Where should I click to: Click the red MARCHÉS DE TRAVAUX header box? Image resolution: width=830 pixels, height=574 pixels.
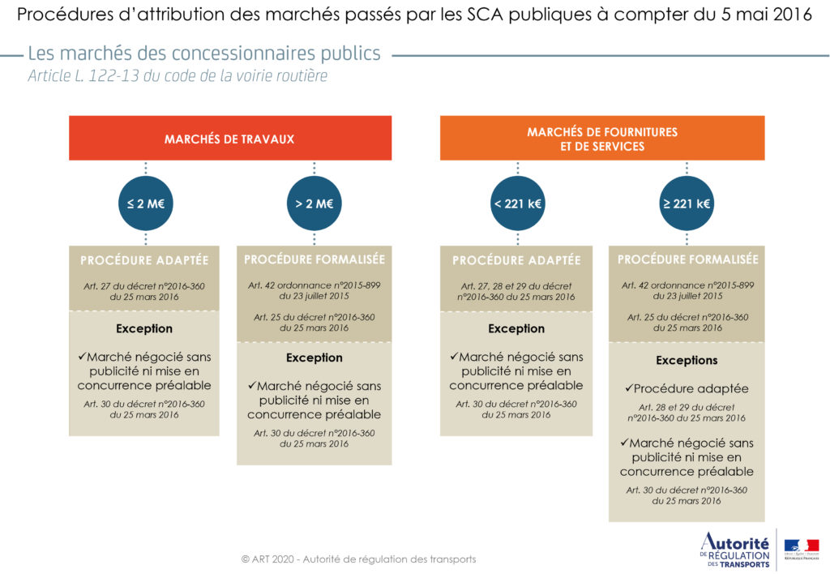229,139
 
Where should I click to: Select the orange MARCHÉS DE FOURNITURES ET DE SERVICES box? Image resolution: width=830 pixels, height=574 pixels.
601,139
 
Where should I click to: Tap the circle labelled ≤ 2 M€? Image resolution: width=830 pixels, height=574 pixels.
145,203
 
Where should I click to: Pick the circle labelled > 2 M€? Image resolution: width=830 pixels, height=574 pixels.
314,203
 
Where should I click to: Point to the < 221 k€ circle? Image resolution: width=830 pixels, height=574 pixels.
516,203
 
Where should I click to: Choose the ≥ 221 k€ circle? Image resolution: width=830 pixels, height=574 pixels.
687,203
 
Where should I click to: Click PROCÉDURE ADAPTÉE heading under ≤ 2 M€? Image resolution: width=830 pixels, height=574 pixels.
144,260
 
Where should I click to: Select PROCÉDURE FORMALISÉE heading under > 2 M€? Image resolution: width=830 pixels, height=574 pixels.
314,259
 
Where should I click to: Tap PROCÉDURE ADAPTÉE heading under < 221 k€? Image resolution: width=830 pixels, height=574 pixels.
516,260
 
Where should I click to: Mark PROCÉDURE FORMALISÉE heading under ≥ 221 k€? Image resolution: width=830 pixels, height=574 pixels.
687,259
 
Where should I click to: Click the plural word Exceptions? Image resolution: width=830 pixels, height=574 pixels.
687,360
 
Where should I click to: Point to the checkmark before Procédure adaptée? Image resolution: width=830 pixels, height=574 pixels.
628,388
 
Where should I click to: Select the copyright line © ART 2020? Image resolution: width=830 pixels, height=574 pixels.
358,559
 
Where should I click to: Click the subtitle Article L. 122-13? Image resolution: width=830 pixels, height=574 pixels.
178,76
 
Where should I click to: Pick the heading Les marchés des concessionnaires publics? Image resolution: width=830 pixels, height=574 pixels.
204,54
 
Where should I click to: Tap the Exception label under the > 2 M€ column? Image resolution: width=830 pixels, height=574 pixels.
314,358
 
